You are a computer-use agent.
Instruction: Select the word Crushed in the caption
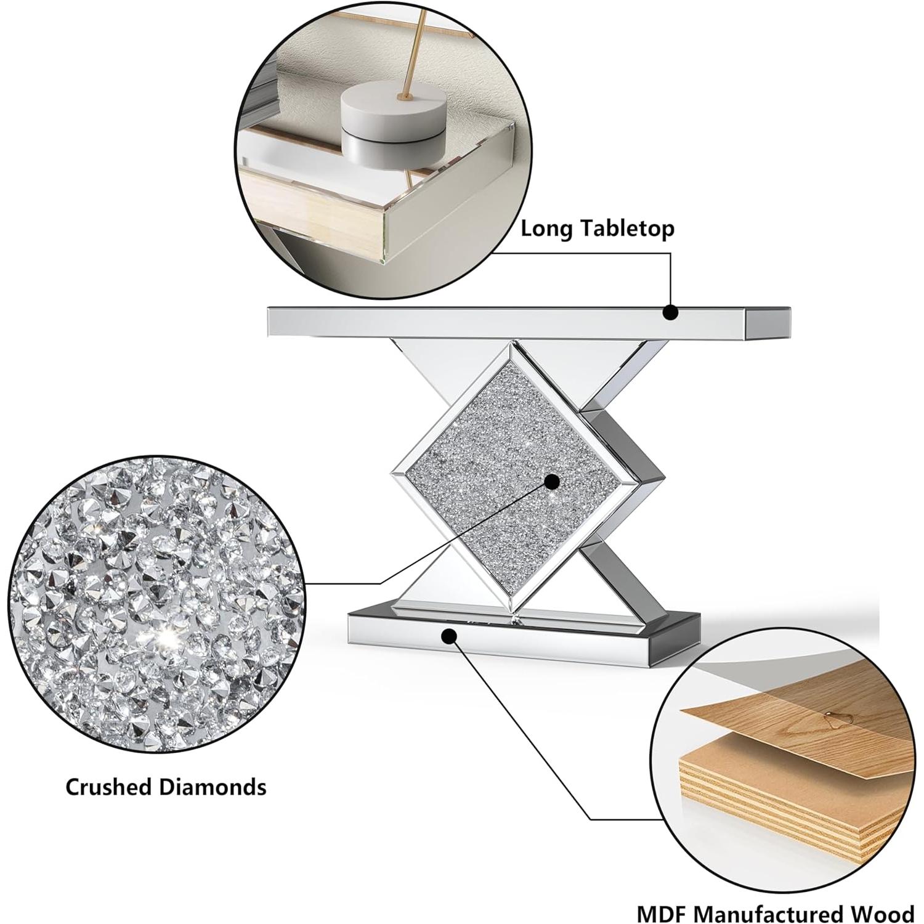(109, 787)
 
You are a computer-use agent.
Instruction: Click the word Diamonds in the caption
(213, 787)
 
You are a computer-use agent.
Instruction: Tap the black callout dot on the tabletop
(671, 312)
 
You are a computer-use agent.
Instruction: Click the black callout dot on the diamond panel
(552, 482)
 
